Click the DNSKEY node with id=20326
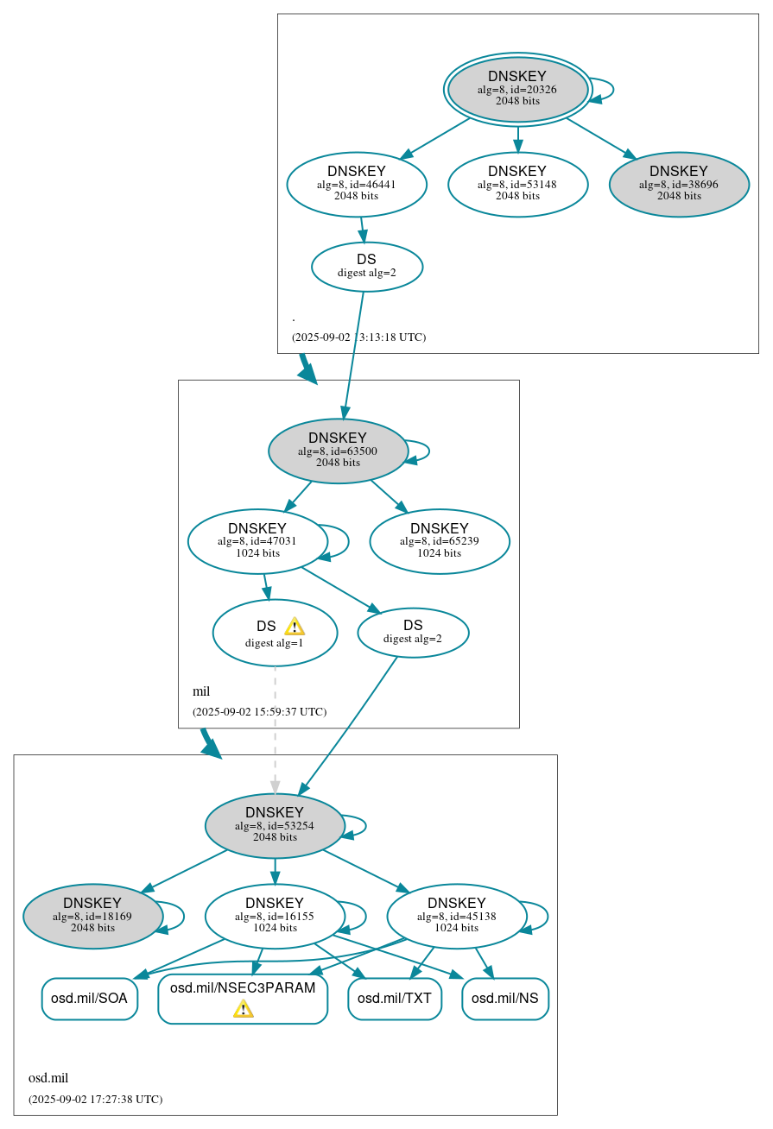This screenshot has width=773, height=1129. click(x=517, y=89)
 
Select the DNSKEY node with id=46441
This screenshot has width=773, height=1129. click(x=357, y=184)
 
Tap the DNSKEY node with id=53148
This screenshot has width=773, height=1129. click(x=517, y=184)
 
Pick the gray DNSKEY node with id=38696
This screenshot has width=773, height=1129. click(x=679, y=184)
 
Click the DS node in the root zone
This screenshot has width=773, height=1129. click(x=366, y=267)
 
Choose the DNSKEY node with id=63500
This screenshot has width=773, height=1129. click(x=338, y=451)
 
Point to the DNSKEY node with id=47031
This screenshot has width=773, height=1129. click(x=257, y=541)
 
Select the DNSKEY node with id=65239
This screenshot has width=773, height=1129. click(x=440, y=541)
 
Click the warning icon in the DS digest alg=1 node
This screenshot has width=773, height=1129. click(x=294, y=627)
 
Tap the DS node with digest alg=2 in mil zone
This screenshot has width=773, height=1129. click(x=413, y=633)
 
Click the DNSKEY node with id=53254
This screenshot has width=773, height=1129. click(x=275, y=825)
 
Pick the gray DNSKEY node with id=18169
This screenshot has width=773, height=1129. click(x=92, y=916)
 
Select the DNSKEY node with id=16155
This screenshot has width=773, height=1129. click(x=275, y=916)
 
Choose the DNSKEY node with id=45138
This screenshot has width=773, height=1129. click(x=457, y=916)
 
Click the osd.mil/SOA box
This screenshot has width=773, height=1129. click(x=89, y=999)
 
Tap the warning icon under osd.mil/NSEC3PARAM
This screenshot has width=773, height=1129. click(x=243, y=1009)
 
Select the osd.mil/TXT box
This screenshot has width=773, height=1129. click(x=395, y=999)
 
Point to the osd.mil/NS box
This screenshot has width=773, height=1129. click(x=505, y=999)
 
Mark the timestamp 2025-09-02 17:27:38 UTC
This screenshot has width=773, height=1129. click(x=95, y=1100)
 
